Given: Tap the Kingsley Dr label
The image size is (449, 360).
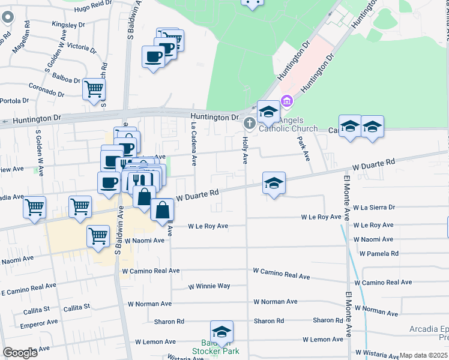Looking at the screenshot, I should coord(68,25).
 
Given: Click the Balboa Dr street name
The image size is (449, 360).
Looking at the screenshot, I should coord(66,78).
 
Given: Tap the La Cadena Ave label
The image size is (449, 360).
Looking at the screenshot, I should coord(194,145).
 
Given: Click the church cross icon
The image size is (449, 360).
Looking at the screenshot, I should coord(250,123).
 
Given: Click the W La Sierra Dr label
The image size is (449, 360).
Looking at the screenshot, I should coord(374,207).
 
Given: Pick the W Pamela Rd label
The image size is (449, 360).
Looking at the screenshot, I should coord(379,254).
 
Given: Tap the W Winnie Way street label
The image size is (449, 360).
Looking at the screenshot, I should coord(209,286).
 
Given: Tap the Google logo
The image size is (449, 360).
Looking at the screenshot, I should coord(20,353).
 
